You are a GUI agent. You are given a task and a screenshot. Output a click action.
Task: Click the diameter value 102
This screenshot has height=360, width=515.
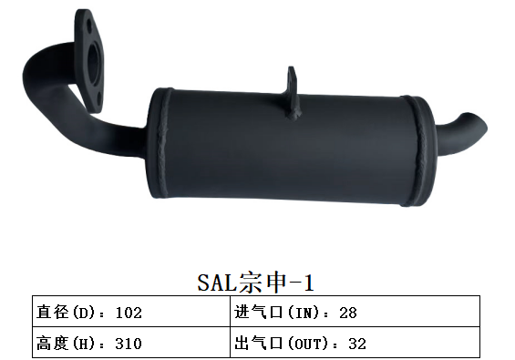click(129, 313)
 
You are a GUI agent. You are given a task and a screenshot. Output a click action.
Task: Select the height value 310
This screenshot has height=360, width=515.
click(129, 344)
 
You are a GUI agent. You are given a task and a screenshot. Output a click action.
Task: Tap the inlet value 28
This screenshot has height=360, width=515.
click(346, 313)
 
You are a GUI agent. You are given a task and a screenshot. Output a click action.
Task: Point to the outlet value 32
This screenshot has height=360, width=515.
click(357, 344)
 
